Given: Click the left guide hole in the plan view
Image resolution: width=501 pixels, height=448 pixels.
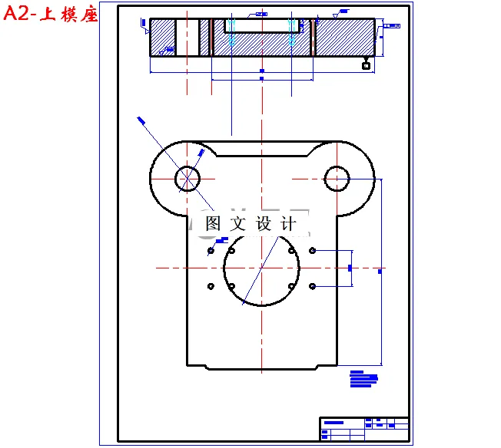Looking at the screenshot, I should pos(187,178).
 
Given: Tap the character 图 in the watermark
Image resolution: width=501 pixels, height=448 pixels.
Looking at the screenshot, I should pos(213,224).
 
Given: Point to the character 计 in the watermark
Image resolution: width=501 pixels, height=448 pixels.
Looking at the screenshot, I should pos(288,224).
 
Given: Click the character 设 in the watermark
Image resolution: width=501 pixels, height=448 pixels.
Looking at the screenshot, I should pos(264,224).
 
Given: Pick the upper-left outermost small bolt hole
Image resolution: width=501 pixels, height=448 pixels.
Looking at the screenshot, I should pos(211,251).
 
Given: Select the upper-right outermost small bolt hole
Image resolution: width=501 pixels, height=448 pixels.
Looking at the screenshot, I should pos(312,251).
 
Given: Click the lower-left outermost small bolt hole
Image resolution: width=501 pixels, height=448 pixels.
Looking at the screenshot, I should pos(211,286).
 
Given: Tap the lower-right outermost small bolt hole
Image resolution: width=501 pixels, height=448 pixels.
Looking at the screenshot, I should pos(312,286).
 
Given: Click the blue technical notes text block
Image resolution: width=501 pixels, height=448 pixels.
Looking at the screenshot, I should pos(363,379).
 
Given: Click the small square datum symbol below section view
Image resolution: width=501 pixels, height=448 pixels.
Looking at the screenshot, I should pos(367,66).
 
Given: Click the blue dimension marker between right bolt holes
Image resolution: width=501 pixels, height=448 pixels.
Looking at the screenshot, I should pos(350,268).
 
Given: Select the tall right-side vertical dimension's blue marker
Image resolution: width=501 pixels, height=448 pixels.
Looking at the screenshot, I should pos(381,271).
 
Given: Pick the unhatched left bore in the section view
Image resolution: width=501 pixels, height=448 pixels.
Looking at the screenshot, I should pos(187,37).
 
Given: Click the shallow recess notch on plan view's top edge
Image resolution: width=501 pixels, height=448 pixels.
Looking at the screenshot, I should pos(261,153).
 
